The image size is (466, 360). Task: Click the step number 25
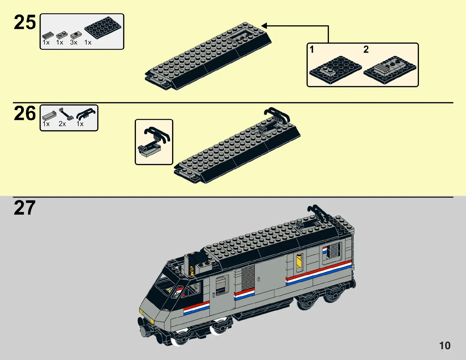(x=25, y=23)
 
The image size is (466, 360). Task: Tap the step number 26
(x=25, y=114)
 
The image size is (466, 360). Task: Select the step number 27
(x=25, y=208)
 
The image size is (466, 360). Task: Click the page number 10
(x=445, y=346)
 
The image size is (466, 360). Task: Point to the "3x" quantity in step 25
(x=74, y=43)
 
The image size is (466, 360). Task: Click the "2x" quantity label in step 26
(x=62, y=124)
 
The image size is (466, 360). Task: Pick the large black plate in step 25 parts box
(x=103, y=27)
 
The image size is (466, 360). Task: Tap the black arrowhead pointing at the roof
(x=264, y=26)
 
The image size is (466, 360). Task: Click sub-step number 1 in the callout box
(x=312, y=49)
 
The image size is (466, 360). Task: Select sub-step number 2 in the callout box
(x=366, y=49)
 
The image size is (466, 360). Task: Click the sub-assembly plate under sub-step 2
(x=390, y=70)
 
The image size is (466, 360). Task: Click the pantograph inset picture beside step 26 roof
(x=154, y=142)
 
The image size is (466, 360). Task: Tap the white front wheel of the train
(x=180, y=341)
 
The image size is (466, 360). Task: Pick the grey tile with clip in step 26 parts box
(x=49, y=116)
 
